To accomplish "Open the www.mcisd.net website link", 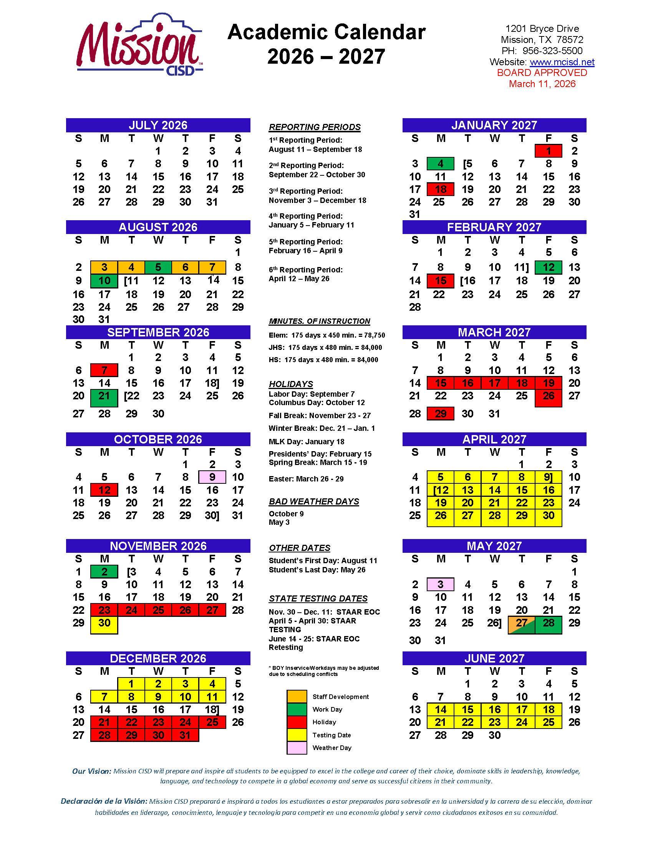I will click(x=562, y=62).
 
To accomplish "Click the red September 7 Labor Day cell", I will click(x=104, y=370).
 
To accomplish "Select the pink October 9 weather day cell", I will click(x=212, y=477).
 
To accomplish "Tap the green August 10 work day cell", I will click(x=104, y=280).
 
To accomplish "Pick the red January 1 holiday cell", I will click(x=548, y=151).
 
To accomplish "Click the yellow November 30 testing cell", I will click(x=104, y=623).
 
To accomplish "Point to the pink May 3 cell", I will click(x=440, y=584).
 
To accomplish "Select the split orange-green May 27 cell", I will click(x=522, y=623).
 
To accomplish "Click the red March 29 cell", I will click(x=440, y=414).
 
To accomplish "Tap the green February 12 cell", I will click(x=548, y=267).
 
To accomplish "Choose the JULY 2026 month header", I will click(x=158, y=125).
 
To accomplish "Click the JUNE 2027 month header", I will click(x=494, y=658).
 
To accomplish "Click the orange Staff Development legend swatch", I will click(x=296, y=696).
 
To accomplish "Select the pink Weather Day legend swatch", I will click(x=296, y=748).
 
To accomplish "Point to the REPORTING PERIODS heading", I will click(x=315, y=127).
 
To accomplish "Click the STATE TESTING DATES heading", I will click(x=318, y=598).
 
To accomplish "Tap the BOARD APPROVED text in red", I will click(x=542, y=73).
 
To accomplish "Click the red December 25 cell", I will click(x=212, y=722).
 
